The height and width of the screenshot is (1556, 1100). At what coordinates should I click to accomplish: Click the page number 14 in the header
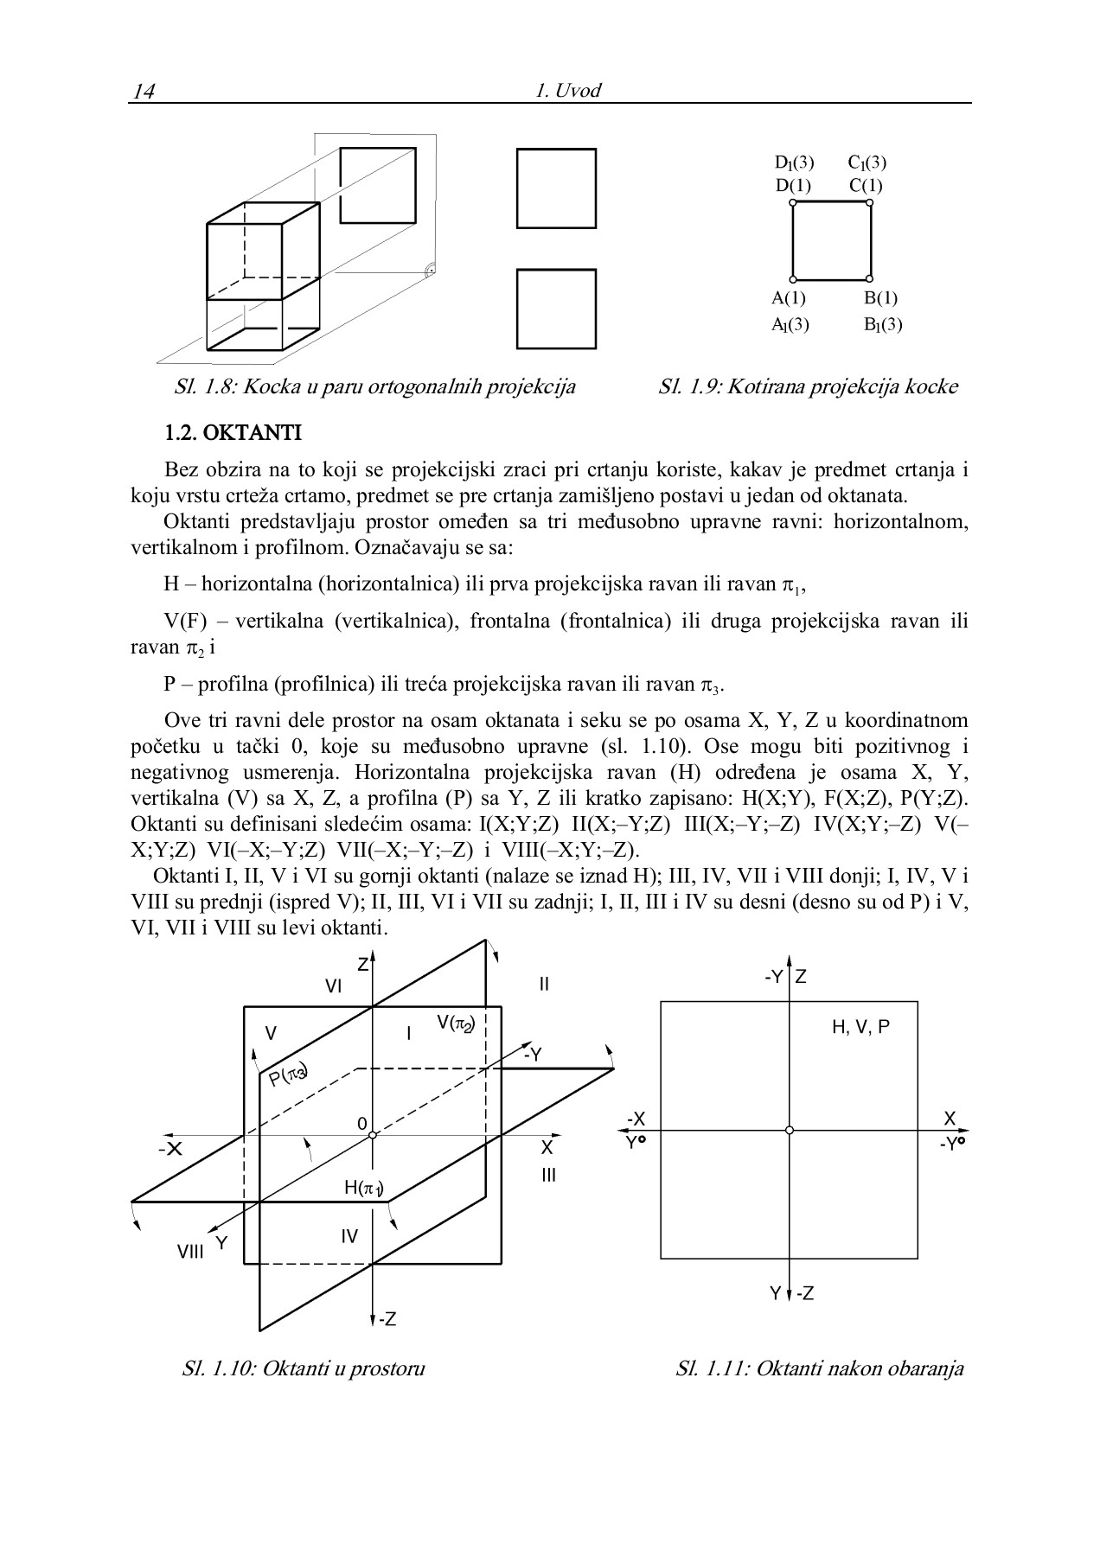144,92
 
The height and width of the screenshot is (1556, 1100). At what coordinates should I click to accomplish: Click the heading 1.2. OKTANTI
232,431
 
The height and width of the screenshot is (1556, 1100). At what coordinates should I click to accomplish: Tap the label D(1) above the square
793,185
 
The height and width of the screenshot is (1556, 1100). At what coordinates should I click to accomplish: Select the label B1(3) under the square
882,325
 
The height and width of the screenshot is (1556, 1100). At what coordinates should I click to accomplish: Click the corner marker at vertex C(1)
869,203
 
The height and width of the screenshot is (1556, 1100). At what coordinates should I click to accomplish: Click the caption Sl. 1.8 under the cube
374,386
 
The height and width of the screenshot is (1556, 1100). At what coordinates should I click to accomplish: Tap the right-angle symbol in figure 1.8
429,271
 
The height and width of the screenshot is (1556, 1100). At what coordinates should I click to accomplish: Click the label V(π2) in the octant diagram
456,1024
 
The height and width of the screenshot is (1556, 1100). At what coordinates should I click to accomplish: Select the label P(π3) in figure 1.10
288,1075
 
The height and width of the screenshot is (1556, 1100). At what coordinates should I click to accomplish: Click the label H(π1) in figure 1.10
363,1188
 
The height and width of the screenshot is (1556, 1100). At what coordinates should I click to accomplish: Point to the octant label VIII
190,1251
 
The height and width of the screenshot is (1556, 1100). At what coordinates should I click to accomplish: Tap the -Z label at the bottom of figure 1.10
386,1319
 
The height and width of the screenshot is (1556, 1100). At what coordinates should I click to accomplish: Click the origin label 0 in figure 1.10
363,1124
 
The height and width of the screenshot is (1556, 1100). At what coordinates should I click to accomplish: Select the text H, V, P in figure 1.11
860,1027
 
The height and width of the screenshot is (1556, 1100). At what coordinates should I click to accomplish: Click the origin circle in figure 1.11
789,1130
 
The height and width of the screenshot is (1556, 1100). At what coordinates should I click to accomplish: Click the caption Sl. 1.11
819,1368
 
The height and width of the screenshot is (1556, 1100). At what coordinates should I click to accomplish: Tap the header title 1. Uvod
568,92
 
